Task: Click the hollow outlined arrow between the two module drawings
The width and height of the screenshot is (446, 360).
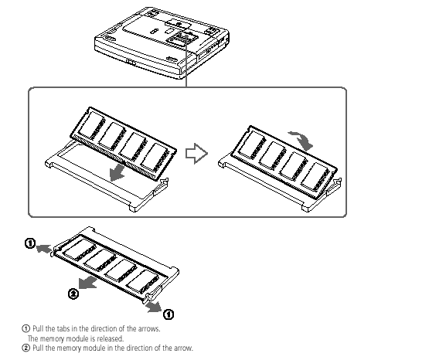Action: [x=196, y=154]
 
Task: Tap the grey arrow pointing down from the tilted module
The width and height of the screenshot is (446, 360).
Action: [x=117, y=172]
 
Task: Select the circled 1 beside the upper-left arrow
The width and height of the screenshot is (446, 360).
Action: [x=30, y=243]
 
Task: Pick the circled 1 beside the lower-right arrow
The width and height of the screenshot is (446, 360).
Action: [x=169, y=314]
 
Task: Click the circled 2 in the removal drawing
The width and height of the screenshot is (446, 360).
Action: [x=73, y=294]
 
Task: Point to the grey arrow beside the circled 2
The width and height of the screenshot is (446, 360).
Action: [x=87, y=283]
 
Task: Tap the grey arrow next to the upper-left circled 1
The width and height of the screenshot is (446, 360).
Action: [x=43, y=249]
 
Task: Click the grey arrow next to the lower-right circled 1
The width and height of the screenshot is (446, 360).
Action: [x=154, y=307]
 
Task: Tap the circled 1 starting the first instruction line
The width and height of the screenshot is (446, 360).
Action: [x=26, y=329]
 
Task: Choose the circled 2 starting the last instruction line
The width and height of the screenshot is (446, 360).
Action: [x=26, y=348]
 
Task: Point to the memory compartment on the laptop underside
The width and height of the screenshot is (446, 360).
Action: [x=182, y=38]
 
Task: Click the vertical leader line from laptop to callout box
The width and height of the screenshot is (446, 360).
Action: [x=186, y=60]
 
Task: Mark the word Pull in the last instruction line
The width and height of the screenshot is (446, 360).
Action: [x=38, y=348]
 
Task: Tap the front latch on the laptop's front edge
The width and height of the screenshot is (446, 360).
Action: [x=131, y=62]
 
